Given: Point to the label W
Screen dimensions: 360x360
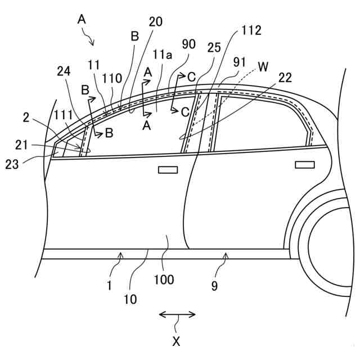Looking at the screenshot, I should [x=263, y=67].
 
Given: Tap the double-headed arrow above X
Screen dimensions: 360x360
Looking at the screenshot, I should [x=177, y=314].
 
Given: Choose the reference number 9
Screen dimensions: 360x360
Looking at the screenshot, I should [x=214, y=285].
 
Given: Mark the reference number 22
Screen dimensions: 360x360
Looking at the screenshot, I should [x=285, y=78].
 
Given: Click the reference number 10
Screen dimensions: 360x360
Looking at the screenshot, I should [x=130, y=300].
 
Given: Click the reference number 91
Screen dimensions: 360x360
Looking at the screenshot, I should [x=240, y=62].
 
